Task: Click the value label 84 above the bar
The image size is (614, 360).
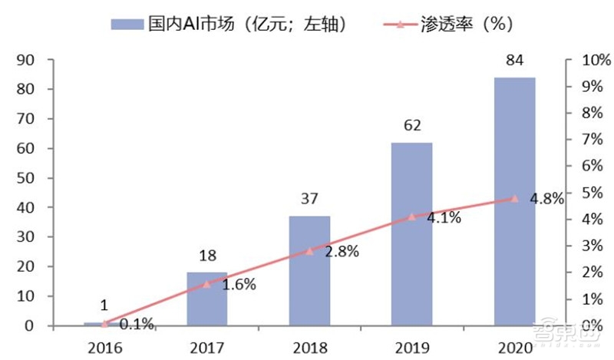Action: click(514, 61)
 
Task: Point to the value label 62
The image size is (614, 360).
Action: click(411, 125)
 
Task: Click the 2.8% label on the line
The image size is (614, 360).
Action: click(342, 253)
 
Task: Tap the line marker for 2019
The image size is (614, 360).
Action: click(412, 216)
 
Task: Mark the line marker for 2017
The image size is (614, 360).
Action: click(207, 283)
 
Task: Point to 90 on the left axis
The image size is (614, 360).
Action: click(27, 60)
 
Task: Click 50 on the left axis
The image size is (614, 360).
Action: click(27, 178)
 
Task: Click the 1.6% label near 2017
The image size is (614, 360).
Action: click(239, 285)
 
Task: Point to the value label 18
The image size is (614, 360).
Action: click(207, 256)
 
